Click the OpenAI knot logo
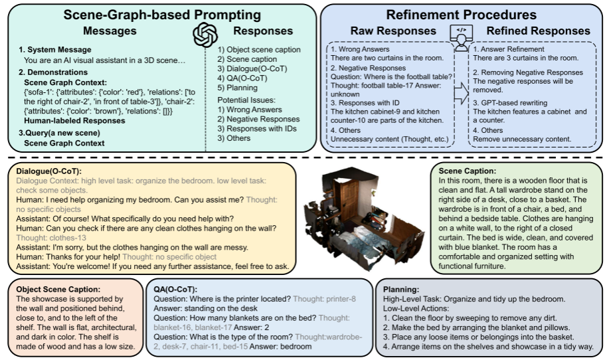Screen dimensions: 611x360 pos(205,35)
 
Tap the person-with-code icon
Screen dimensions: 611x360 pos(462,38)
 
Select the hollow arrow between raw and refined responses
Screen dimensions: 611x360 pos(462,93)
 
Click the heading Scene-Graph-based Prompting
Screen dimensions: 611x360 pos(162,15)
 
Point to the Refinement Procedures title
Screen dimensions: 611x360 pos(462,15)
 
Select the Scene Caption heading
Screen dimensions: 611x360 pos(467,171)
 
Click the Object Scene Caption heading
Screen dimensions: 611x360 pos(58,290)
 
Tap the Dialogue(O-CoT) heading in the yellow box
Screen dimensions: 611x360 pos(48,171)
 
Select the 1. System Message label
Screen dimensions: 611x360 pos(55,50)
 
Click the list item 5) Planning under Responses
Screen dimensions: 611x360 pos(237,88)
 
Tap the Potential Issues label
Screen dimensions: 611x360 pos(246,100)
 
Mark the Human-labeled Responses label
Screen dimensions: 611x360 pos(74,121)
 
